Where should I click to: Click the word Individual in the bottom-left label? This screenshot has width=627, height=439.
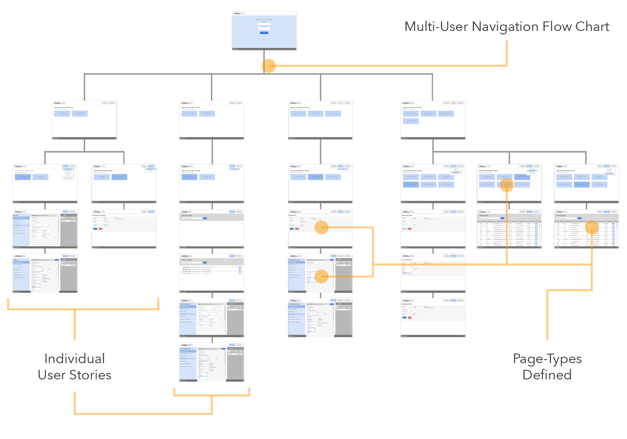click(x=74, y=359)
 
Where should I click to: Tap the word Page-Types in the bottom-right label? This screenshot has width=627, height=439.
click(x=547, y=359)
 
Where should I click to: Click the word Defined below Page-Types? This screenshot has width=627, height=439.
click(x=547, y=375)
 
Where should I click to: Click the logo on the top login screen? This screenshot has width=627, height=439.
click(x=237, y=14)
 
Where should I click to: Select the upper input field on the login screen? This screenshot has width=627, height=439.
click(x=264, y=23)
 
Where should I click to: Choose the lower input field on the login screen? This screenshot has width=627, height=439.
click(x=264, y=28)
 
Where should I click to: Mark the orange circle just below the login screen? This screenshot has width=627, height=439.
click(x=269, y=66)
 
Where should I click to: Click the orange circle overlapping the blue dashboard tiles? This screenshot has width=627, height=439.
click(x=507, y=185)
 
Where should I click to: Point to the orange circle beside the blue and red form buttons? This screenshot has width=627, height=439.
click(x=321, y=227)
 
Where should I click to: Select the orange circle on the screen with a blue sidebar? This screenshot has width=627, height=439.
click(x=321, y=276)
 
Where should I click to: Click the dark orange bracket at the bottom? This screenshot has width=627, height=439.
click(x=143, y=413)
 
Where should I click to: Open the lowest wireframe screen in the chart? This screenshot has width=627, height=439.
click(x=212, y=362)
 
